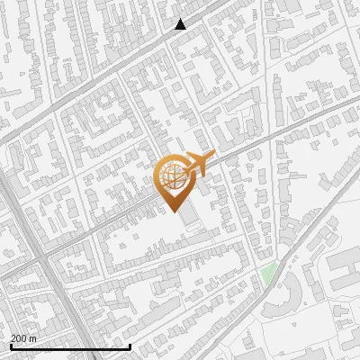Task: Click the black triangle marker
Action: (181, 24)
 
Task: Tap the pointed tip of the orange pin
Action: (171, 210)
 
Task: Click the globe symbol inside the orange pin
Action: (171, 175)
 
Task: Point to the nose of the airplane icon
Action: (214, 158)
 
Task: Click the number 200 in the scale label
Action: (19, 338)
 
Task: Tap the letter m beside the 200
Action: (33, 338)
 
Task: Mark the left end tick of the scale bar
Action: (11, 346)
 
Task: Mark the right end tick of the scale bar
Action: (130, 346)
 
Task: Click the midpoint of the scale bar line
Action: (70, 346)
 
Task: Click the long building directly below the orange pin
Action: (188, 220)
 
